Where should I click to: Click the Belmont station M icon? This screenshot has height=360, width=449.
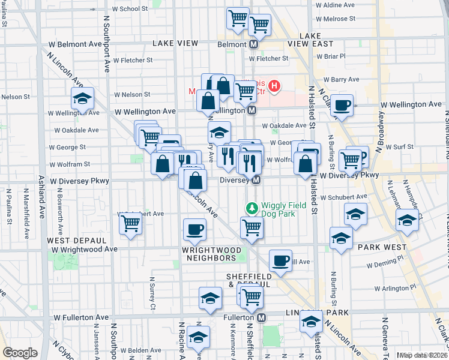pyautogui.click(x=254, y=44)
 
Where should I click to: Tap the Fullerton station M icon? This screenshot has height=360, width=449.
pyautogui.click(x=262, y=317)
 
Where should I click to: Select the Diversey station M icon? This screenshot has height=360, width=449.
pyautogui.click(x=256, y=180)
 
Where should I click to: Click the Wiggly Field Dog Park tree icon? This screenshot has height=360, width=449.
pyautogui.click(x=252, y=208)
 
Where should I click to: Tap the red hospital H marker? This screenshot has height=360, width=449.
pyautogui.click(x=274, y=86)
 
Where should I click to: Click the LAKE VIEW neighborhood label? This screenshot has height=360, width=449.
pyautogui.click(x=175, y=43)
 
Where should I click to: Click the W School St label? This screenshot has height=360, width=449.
pyautogui.click(x=130, y=9)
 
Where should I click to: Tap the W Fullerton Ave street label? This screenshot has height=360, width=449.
pyautogui.click(x=81, y=317)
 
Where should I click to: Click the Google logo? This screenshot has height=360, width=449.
pyautogui.click(x=20, y=353)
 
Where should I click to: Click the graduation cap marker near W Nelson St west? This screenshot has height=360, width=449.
pyautogui.click(x=82, y=98)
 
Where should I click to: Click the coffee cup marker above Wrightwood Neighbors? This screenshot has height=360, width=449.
pyautogui.click(x=194, y=229)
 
